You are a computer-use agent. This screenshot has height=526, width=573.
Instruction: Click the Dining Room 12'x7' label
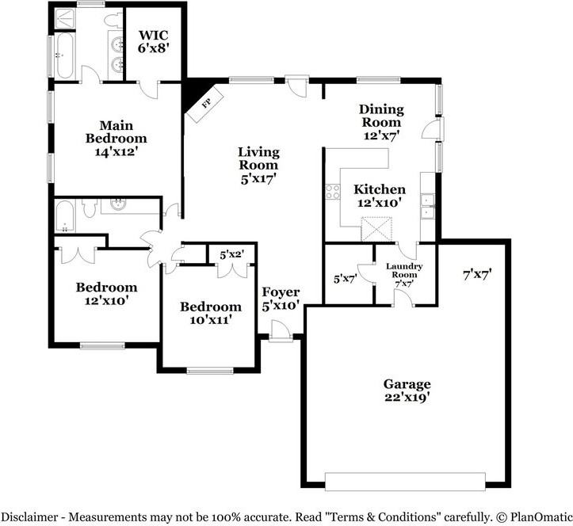(381, 122)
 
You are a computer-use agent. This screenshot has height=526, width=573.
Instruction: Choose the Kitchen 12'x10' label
(380, 196)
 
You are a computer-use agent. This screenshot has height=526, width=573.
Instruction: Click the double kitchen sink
(428, 206)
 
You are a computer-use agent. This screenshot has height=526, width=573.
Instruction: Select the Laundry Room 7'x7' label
(403, 274)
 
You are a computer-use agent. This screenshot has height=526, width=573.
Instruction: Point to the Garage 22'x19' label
(408, 391)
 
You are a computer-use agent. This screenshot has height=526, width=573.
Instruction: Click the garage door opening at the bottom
(405, 482)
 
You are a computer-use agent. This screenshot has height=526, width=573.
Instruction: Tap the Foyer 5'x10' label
(281, 299)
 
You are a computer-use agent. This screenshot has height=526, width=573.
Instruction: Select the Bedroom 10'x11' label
(210, 313)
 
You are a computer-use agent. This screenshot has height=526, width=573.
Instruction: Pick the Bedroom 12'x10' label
(106, 293)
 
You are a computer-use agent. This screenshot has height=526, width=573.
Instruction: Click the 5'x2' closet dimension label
(231, 254)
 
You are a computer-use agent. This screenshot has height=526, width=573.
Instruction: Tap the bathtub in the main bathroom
(64, 51)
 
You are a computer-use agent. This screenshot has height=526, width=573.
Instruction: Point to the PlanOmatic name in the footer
(533, 516)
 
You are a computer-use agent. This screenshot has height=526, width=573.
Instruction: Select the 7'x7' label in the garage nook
(477, 275)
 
